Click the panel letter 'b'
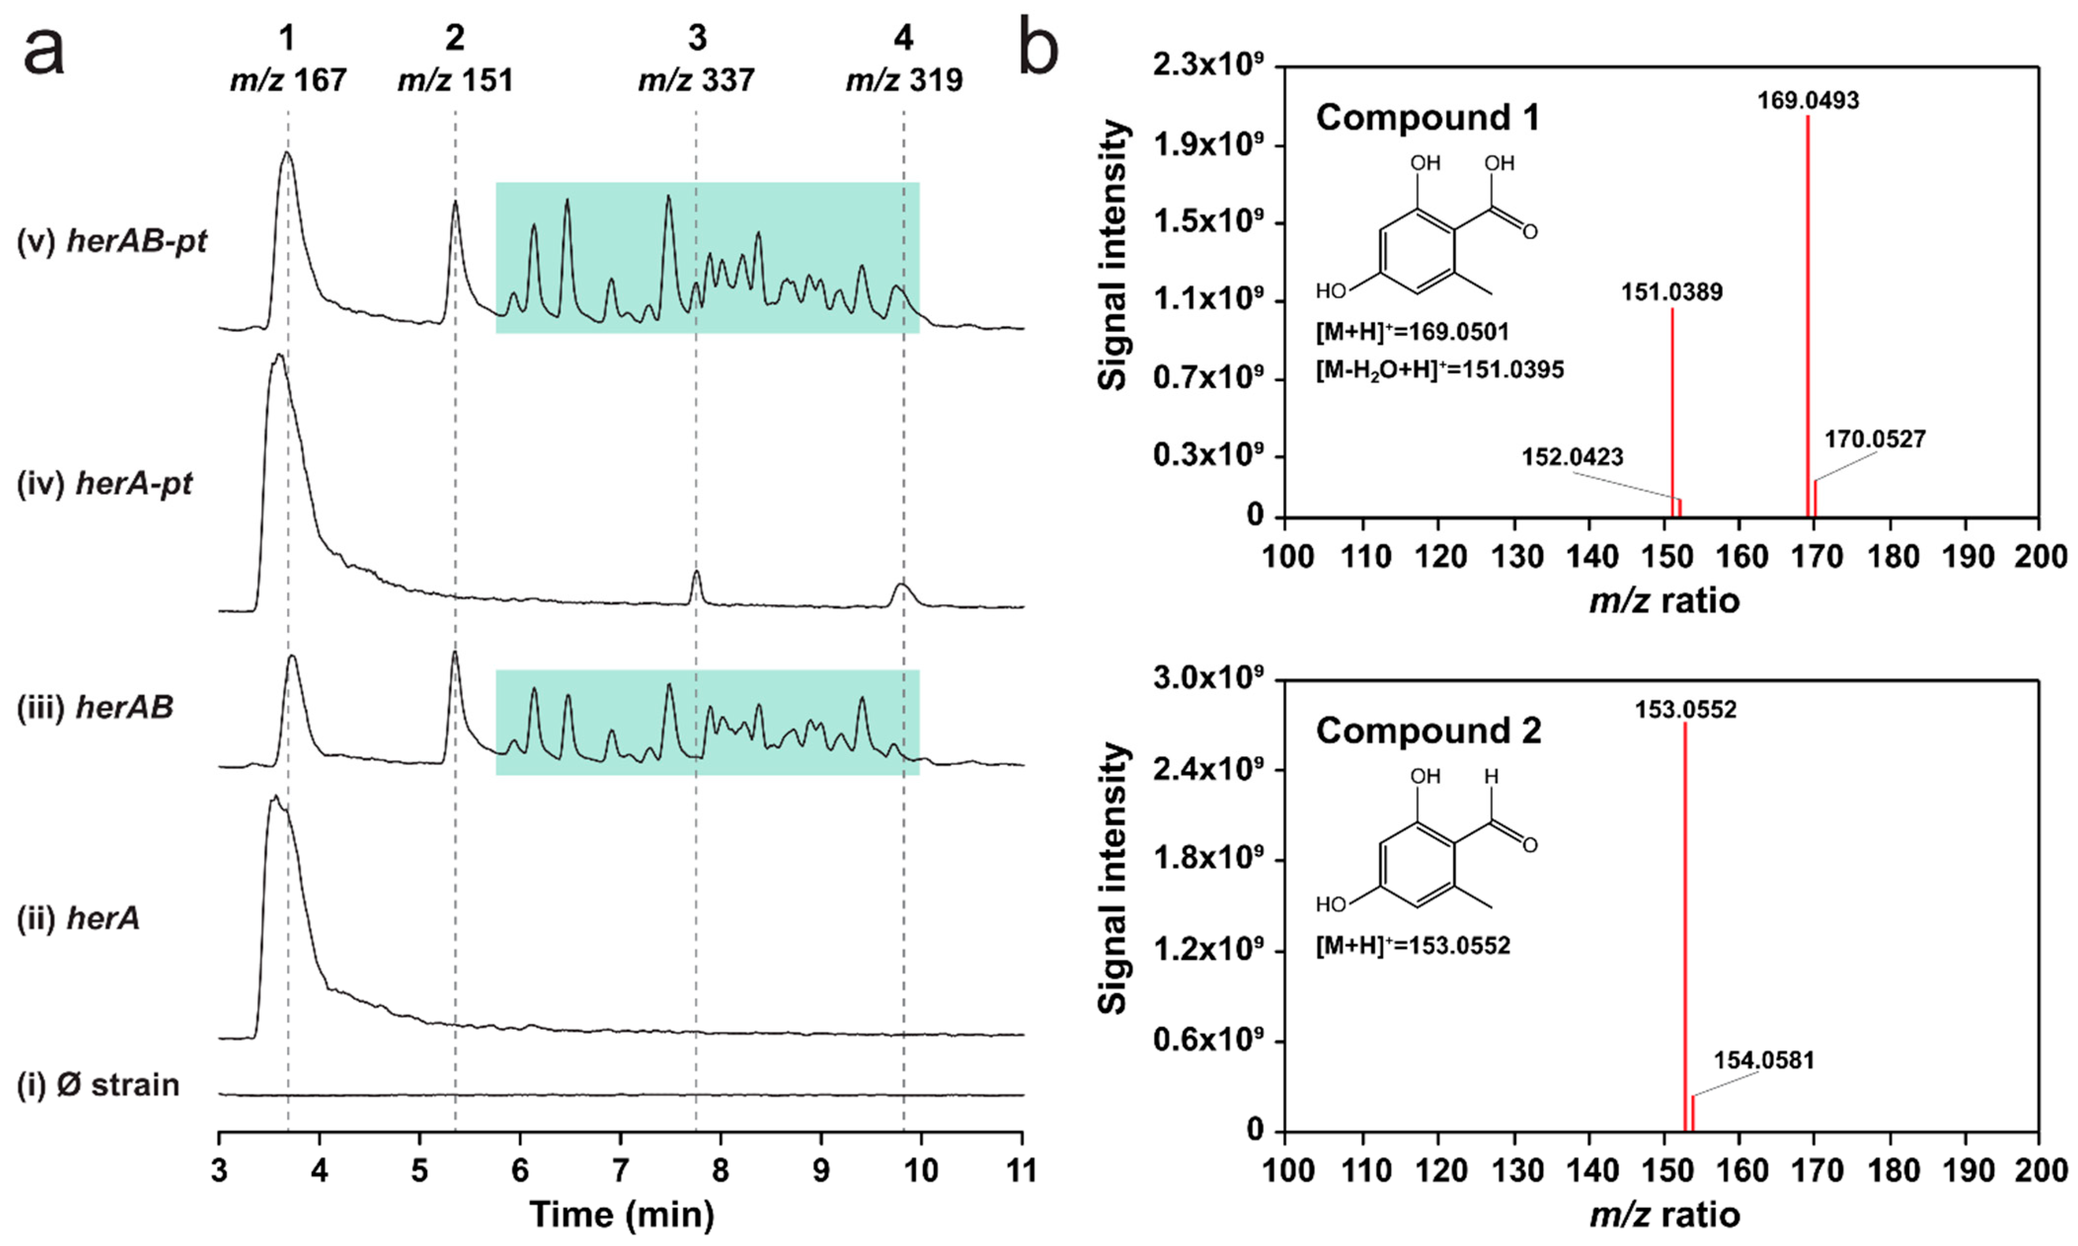1038,49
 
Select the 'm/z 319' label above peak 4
904,80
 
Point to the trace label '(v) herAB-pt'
112,242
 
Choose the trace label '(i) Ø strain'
98,1085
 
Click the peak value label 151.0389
1671,292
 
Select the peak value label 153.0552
1685,710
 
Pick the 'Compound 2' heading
1428,731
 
